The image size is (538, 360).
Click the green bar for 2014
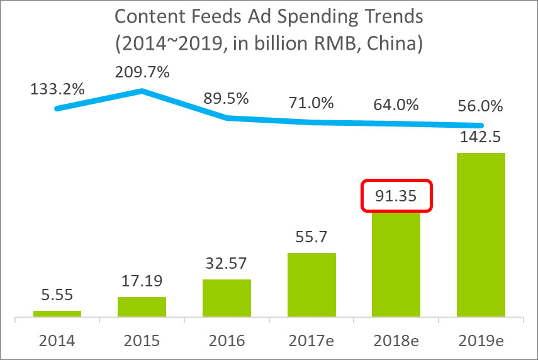point(57,313)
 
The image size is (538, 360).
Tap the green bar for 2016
point(227,298)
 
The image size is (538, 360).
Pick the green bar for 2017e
point(311,284)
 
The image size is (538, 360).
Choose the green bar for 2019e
point(481,234)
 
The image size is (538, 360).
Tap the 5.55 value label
point(57,295)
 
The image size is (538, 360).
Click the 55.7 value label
point(311,237)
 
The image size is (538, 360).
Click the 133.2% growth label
point(57,89)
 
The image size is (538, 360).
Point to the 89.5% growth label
point(227,98)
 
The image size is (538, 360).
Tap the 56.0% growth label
point(480,106)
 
